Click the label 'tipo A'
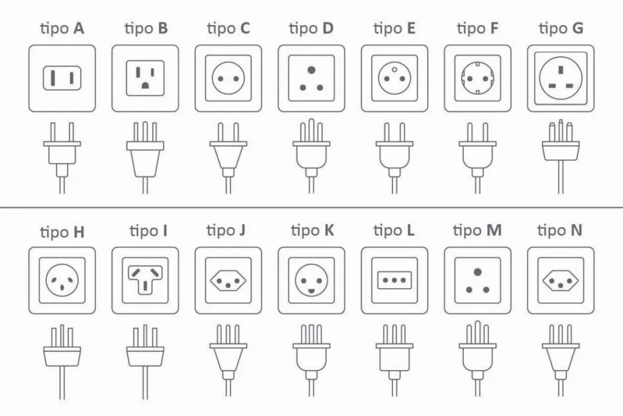click(x=62, y=29)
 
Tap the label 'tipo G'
click(x=560, y=29)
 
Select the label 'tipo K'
click(x=312, y=231)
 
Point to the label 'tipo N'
click(x=560, y=231)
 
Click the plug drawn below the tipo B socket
click(x=145, y=158)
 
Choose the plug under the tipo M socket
click(x=478, y=359)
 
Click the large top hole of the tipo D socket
click(x=311, y=70)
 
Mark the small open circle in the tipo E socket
click(x=394, y=69)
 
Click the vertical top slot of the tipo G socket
click(x=560, y=70)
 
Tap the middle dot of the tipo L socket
click(x=394, y=280)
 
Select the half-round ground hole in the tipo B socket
click(x=145, y=85)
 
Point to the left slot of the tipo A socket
click(x=52, y=78)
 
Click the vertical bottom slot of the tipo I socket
click(x=145, y=286)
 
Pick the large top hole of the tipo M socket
click(x=478, y=272)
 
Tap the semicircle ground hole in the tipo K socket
click(x=311, y=291)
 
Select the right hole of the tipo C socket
click(x=237, y=79)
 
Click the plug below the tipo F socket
click(x=478, y=158)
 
